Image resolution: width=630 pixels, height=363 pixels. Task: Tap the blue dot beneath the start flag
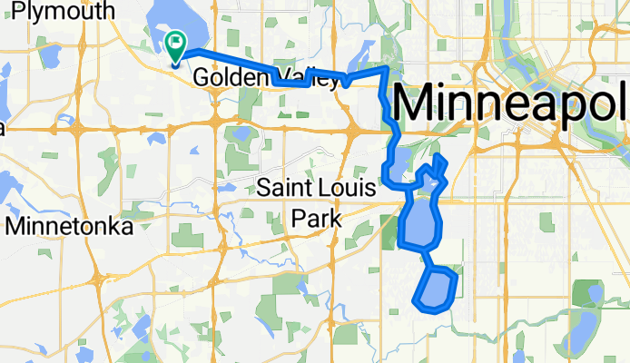click(175, 62)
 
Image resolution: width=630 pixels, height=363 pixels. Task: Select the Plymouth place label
click(58, 11)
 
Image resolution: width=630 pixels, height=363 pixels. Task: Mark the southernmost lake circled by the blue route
click(435, 289)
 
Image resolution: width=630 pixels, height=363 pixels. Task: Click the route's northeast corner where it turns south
click(388, 68)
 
